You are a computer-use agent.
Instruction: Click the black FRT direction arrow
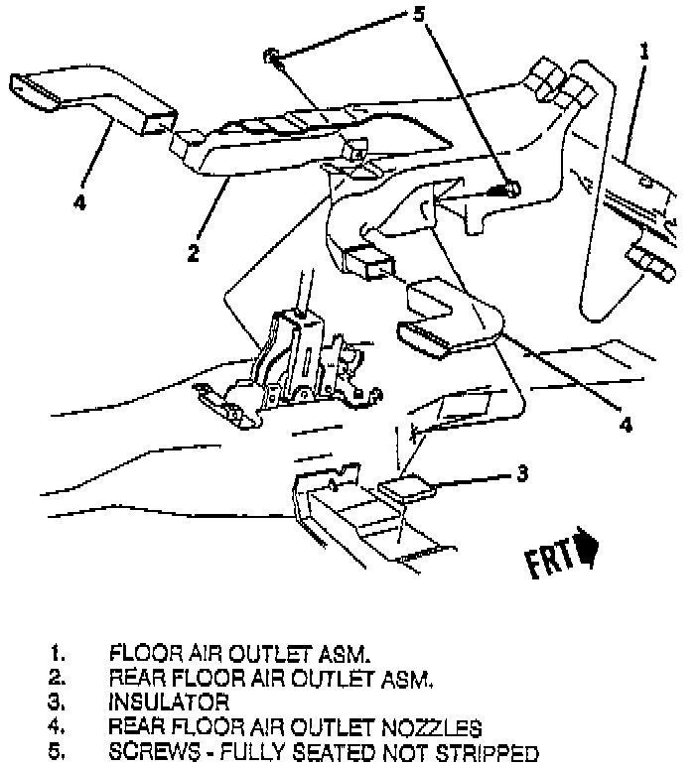point(589,549)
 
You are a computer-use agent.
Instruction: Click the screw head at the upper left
point(271,56)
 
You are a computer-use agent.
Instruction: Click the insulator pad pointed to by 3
point(407,486)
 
